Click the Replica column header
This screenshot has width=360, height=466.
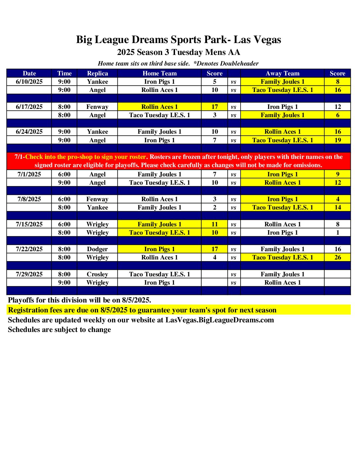97,73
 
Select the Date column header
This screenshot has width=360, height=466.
29,73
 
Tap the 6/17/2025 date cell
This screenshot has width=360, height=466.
29,107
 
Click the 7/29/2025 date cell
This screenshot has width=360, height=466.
29,274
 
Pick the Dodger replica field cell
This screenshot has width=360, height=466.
97,249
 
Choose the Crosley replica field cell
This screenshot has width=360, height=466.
97,274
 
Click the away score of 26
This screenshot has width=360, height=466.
337,257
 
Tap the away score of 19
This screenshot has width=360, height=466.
337,140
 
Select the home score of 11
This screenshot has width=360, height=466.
214,224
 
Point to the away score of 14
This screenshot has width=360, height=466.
337,208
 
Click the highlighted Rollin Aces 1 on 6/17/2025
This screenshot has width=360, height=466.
159,107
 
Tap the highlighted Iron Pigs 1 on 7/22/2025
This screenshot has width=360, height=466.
159,249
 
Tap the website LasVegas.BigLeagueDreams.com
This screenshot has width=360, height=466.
220,320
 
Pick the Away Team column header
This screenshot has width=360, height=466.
282,73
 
